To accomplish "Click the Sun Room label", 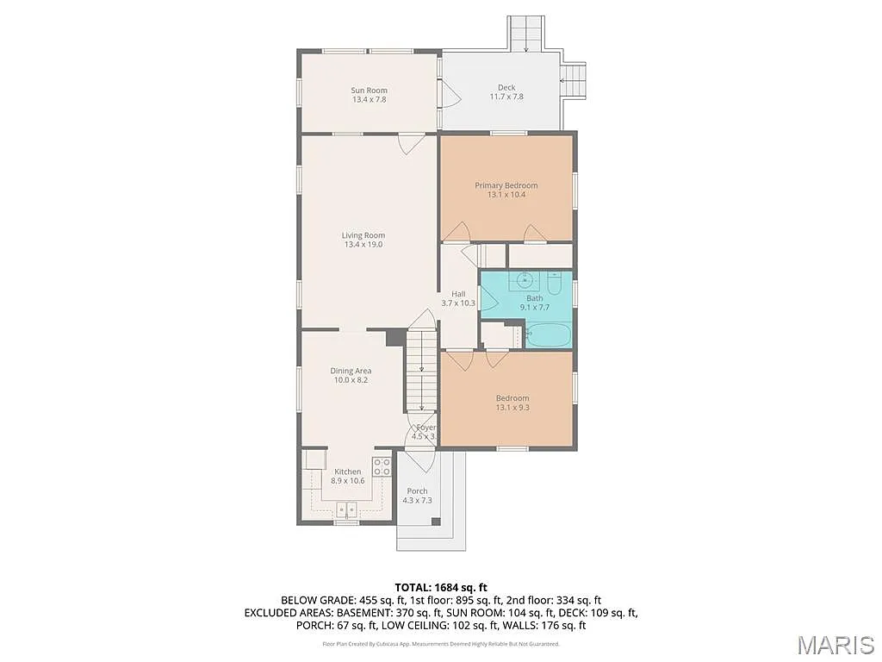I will (x=369, y=91).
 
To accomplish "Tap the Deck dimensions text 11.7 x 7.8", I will (x=506, y=97).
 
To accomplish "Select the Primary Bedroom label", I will (x=506, y=185).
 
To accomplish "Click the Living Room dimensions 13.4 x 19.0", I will (x=363, y=245).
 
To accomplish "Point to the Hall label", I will (x=458, y=294).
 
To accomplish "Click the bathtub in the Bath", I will (x=548, y=334).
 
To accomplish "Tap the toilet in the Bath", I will (x=554, y=282).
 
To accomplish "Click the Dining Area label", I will (x=351, y=371).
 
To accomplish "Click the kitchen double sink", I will (x=346, y=507).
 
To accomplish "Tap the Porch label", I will (x=417, y=491).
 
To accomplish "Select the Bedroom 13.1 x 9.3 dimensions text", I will (x=512, y=408).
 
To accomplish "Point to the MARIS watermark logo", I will (x=836, y=645).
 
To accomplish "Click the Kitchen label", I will (x=347, y=472).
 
